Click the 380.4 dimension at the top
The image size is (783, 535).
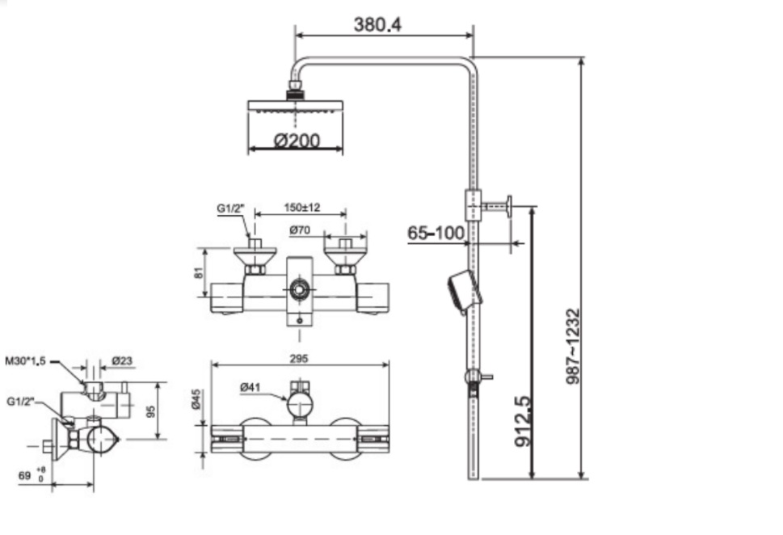(377, 23)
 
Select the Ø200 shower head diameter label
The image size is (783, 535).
(297, 141)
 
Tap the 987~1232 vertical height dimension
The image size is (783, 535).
(572, 345)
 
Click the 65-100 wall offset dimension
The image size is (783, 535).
(436, 234)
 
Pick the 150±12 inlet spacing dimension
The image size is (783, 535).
(302, 208)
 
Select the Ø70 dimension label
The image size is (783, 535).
(301, 230)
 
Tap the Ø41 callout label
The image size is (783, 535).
(250, 388)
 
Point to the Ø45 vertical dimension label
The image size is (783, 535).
(196, 399)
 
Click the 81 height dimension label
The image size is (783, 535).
(198, 273)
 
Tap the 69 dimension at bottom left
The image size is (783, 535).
(25, 476)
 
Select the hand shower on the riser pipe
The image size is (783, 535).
(464, 292)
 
